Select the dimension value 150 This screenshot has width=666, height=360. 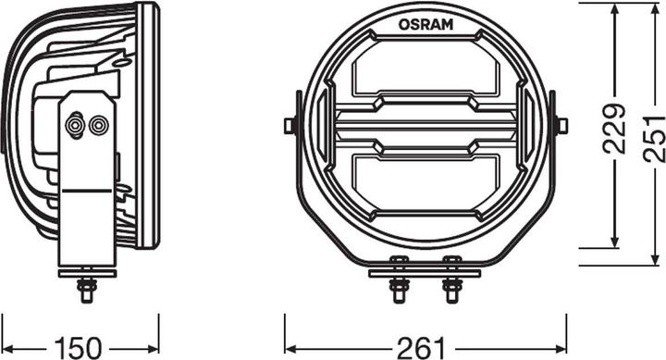point(80,347)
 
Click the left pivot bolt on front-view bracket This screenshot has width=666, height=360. point(290,125)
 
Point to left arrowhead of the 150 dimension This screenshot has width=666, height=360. point(6,324)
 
